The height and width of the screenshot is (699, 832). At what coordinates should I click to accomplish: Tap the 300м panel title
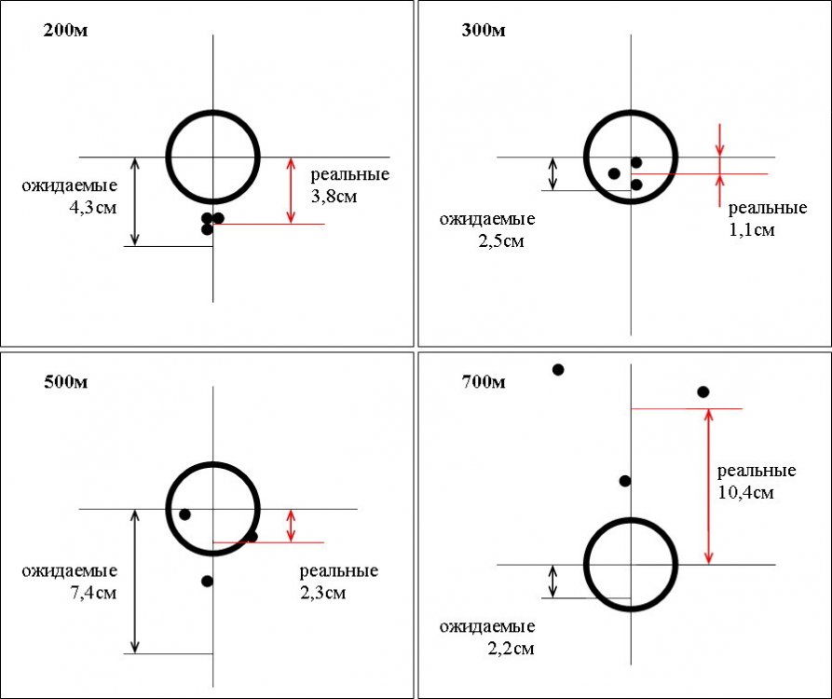click(x=483, y=31)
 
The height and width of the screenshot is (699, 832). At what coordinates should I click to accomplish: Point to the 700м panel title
click(x=483, y=381)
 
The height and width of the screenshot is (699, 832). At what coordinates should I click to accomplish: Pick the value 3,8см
click(x=334, y=197)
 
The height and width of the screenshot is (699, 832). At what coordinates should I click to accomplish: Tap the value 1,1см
click(x=751, y=228)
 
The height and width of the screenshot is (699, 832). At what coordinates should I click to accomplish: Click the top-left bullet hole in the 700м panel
click(x=558, y=370)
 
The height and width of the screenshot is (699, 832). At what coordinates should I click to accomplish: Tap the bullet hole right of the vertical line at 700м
click(x=703, y=391)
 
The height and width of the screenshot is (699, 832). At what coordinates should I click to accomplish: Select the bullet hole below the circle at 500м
click(x=207, y=581)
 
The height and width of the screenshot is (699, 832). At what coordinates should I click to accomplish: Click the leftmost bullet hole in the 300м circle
click(x=613, y=173)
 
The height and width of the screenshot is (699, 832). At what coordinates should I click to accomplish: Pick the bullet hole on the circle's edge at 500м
click(x=252, y=536)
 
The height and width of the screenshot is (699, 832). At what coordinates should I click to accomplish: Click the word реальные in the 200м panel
click(x=349, y=175)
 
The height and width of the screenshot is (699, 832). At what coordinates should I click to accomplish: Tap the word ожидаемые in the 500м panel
click(x=70, y=570)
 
